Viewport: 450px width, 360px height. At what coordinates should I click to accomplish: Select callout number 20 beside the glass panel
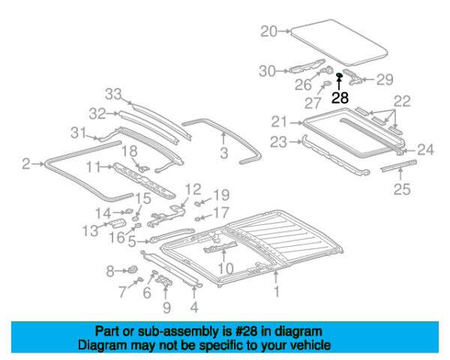(x=268, y=31)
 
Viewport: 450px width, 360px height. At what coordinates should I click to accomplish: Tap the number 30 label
(x=268, y=71)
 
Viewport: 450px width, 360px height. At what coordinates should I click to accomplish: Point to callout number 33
(x=112, y=94)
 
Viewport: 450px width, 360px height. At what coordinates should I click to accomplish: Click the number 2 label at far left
(x=25, y=163)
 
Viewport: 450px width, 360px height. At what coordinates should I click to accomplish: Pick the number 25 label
(x=403, y=190)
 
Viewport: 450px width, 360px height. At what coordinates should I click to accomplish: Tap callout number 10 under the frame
(x=226, y=268)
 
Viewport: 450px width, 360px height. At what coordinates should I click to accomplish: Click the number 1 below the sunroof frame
(x=277, y=292)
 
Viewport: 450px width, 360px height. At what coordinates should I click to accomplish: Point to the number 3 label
(x=223, y=154)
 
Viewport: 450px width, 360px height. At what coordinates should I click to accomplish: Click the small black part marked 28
(x=339, y=76)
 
